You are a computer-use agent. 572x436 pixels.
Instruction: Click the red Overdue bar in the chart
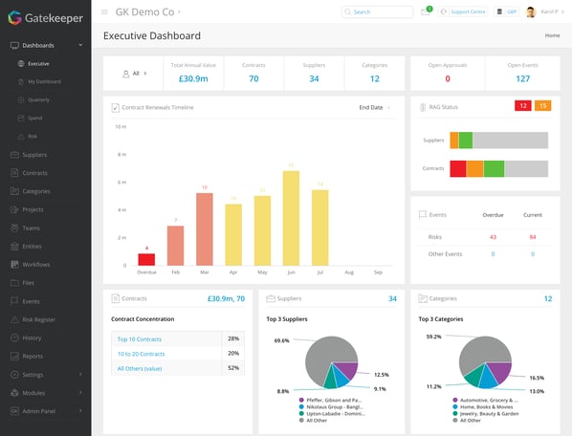click(x=146, y=259)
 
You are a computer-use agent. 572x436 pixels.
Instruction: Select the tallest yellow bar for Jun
click(x=291, y=218)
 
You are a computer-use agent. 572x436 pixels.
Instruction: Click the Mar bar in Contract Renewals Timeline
click(x=204, y=229)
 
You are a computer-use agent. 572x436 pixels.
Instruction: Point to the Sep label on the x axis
click(x=378, y=272)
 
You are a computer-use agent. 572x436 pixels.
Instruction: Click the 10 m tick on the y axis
click(x=121, y=126)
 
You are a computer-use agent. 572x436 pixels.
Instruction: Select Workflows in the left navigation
click(x=35, y=264)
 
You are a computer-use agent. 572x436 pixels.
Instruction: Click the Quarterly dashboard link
click(x=39, y=99)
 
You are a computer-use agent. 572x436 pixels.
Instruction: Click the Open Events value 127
click(x=522, y=78)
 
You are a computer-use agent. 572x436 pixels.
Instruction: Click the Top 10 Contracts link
click(x=139, y=339)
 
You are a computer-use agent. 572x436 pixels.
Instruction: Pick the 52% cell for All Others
click(x=233, y=367)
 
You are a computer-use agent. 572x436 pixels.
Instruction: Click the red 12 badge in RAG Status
click(x=523, y=106)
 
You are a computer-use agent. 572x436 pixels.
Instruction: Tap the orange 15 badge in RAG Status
click(x=543, y=106)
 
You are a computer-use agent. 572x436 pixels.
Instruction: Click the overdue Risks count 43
click(x=493, y=236)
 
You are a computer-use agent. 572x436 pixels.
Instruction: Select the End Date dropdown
click(x=374, y=107)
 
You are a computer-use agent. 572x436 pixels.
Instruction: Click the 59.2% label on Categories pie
click(x=433, y=336)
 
